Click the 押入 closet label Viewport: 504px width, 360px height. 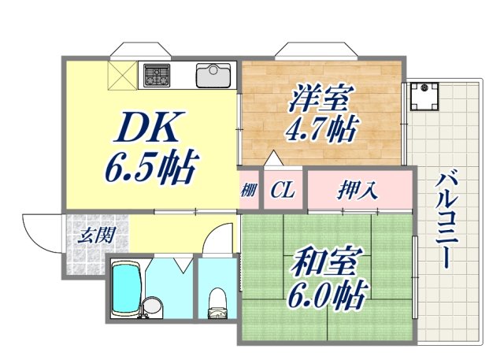click(358, 190)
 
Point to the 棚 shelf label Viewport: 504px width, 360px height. click(249, 191)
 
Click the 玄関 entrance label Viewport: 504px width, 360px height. click(97, 235)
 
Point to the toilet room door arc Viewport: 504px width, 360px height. click(220, 236)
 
